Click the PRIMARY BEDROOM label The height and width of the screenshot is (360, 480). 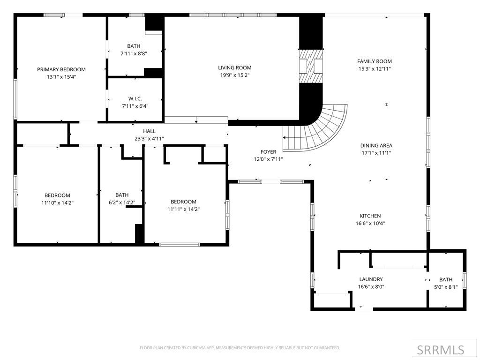[61, 69]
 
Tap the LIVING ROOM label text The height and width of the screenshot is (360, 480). [235, 67]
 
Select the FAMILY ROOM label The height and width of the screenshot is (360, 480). [374, 61]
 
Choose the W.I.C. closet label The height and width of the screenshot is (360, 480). [135, 98]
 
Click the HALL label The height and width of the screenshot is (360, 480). [149, 131]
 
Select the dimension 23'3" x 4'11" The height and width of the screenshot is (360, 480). [149, 138]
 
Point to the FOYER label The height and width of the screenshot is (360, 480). [268, 152]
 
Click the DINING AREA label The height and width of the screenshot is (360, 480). [376, 146]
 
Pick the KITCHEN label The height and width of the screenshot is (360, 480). [370, 216]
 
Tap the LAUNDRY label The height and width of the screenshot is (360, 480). [370, 279]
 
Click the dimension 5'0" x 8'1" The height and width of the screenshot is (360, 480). [446, 287]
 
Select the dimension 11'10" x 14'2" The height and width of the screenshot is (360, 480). [57, 203]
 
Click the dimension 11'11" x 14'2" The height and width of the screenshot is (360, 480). [183, 209]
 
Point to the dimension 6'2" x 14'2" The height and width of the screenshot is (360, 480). [122, 202]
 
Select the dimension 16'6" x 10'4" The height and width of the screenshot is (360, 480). [370, 224]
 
